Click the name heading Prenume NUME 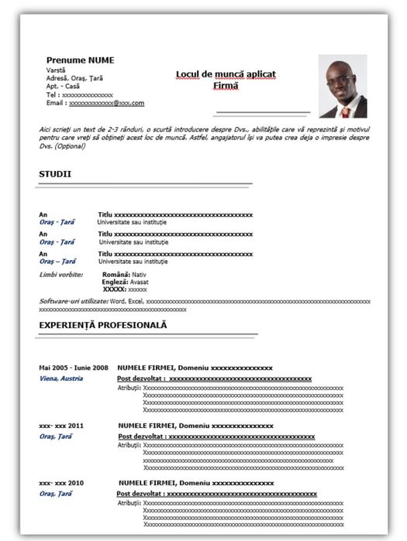(80, 60)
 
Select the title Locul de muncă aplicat (226, 74)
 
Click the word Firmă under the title (226, 85)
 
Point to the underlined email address (106, 103)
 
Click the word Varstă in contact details (56, 70)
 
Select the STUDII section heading (55, 174)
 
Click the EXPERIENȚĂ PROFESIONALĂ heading (103, 325)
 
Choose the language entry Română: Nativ (124, 275)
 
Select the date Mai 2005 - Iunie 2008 (74, 368)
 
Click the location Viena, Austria (61, 378)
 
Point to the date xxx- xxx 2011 (61, 426)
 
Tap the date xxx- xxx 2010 (61, 482)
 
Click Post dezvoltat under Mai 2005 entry (140, 378)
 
